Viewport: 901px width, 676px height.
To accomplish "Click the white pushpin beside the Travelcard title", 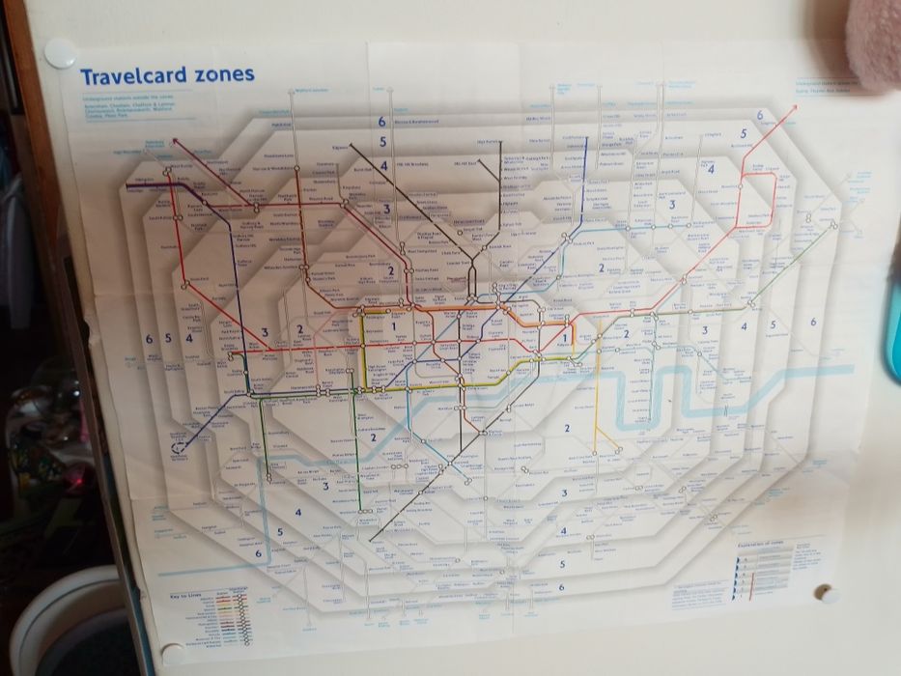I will [x=60, y=53].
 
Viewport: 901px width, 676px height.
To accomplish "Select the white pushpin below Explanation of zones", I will [x=827, y=594].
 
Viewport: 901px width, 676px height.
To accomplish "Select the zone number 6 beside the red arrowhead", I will [x=760, y=116].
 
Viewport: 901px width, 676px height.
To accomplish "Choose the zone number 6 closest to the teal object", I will [x=813, y=323].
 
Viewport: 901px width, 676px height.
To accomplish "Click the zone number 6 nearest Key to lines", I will [x=258, y=554].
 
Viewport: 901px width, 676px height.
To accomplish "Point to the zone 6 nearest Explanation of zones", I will [x=561, y=586].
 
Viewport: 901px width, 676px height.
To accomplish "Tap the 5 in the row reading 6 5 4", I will [x=168, y=338].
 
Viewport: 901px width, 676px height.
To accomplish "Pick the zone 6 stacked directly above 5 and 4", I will [x=382, y=122].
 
